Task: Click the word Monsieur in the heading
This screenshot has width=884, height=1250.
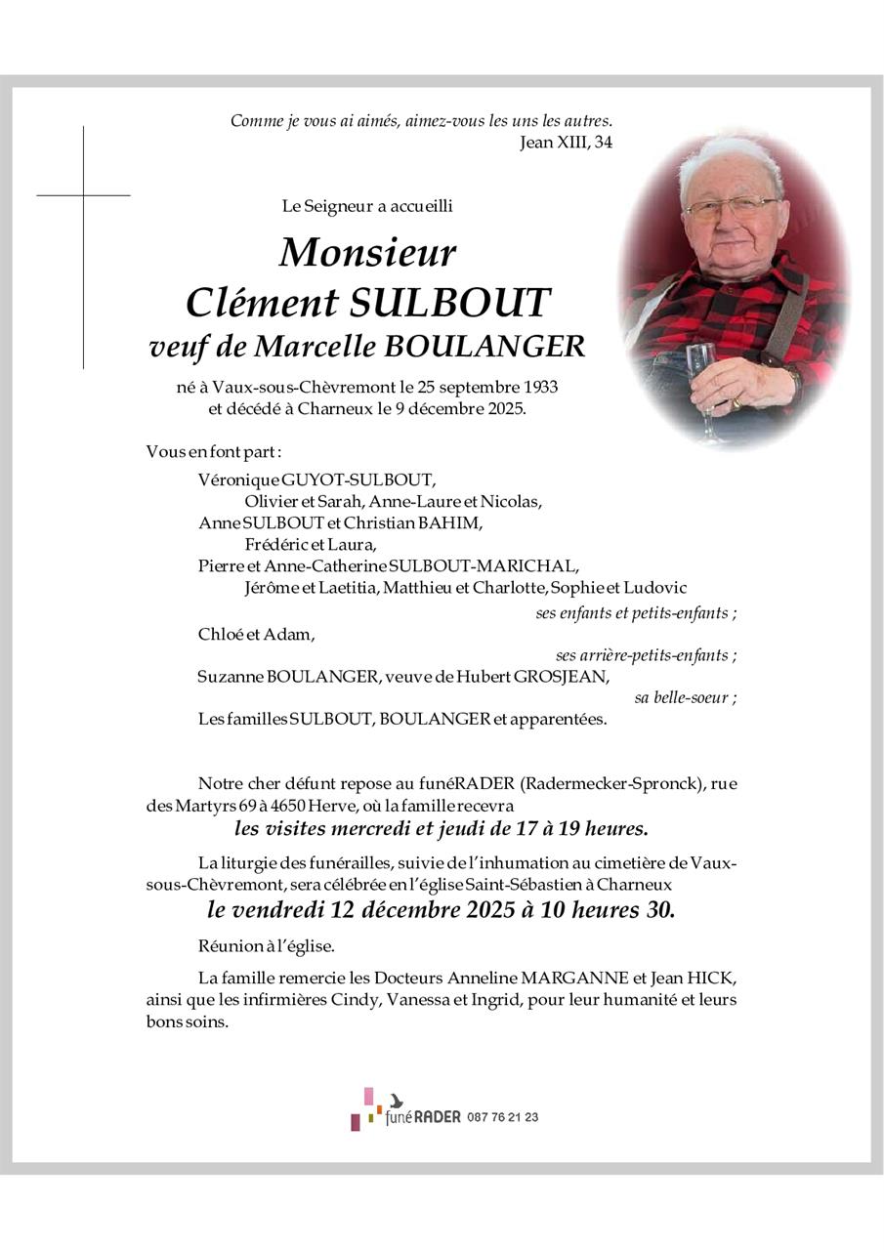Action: click(x=367, y=253)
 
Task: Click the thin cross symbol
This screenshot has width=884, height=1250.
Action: click(x=83, y=195)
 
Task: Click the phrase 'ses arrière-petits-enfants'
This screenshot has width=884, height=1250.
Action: click(x=646, y=655)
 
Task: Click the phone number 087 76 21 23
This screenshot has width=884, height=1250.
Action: click(x=503, y=1117)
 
